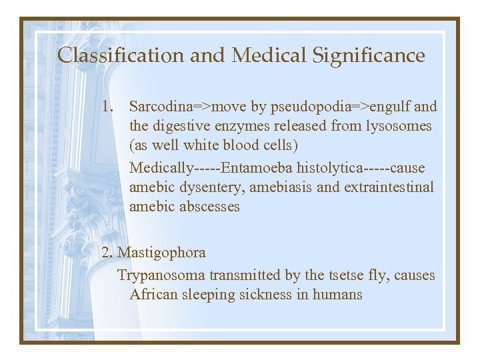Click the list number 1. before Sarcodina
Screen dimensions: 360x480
tap(109, 106)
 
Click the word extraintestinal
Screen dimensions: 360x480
tap(389, 187)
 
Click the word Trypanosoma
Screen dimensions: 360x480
tap(161, 275)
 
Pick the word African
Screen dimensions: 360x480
tap(154, 295)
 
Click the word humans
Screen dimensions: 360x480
tap(337, 295)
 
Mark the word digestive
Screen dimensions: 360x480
tap(187, 126)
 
